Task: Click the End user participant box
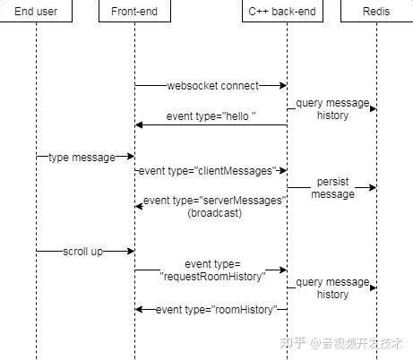[x=37, y=13]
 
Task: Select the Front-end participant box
[x=134, y=13]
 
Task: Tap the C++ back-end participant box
[x=286, y=13]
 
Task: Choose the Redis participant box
[x=376, y=13]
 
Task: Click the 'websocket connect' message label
[x=212, y=86]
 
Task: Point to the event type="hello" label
[x=211, y=117]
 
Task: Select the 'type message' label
[x=82, y=157]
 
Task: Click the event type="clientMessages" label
[x=212, y=170]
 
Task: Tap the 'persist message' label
[x=332, y=187]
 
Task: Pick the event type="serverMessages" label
[x=215, y=201]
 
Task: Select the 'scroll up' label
[x=82, y=252]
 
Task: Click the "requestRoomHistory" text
[x=212, y=277]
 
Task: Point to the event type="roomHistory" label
[x=211, y=309]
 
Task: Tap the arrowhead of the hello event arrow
[x=140, y=124]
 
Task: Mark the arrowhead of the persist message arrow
[x=372, y=187]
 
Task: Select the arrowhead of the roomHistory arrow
[x=140, y=309]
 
